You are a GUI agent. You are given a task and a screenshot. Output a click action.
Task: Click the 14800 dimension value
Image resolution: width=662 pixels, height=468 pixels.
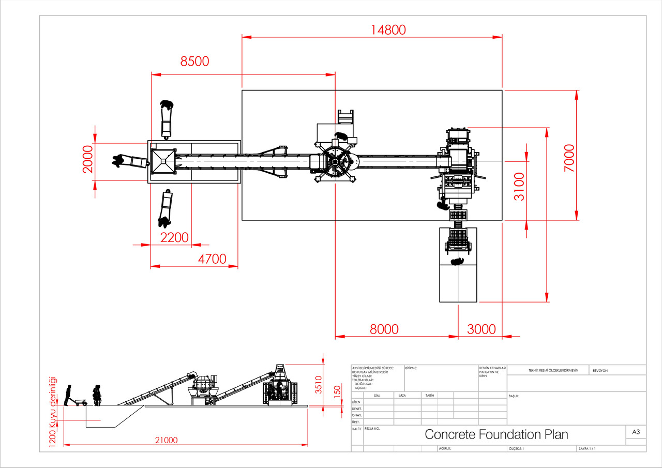tap(388, 30)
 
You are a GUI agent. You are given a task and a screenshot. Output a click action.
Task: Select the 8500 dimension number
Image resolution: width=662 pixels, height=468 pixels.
tap(194, 61)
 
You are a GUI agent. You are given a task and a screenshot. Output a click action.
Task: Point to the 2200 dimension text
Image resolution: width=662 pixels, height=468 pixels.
tap(174, 238)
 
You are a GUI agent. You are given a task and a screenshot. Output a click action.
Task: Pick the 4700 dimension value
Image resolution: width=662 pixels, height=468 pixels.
tap(212, 259)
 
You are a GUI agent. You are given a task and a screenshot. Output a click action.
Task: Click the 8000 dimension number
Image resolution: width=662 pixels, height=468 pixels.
tap(384, 329)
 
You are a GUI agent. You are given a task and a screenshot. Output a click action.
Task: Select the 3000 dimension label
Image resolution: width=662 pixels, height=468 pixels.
tap(481, 329)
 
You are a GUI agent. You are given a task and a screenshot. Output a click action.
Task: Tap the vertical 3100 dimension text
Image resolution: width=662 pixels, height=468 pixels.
tap(519, 187)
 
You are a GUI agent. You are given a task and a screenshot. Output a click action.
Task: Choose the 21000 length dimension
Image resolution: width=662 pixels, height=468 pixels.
tap(166, 441)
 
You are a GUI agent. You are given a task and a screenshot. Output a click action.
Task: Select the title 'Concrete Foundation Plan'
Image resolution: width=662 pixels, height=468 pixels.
tap(496, 434)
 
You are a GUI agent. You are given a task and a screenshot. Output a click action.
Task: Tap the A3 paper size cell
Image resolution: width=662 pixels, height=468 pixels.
tap(636, 432)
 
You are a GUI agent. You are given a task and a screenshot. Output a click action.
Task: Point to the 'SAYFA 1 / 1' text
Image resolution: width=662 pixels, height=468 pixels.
tap(586, 449)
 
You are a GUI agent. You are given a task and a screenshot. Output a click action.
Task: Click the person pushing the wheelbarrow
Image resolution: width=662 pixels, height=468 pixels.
tap(68, 395)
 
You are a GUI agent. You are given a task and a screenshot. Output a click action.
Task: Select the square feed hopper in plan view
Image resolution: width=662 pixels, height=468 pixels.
tap(164, 161)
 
